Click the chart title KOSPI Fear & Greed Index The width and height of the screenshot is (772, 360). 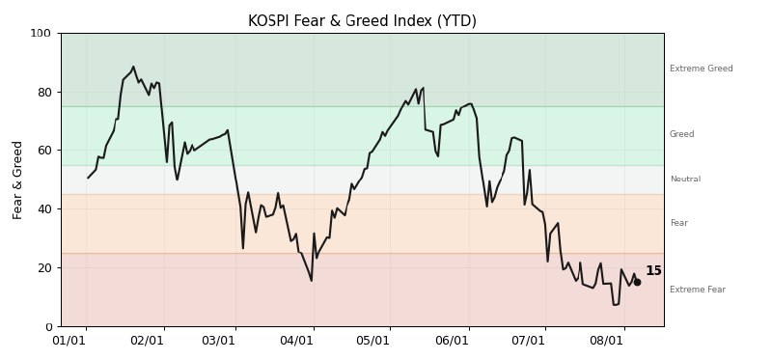click(x=362, y=20)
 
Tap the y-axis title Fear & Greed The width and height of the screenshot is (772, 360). click(x=17, y=180)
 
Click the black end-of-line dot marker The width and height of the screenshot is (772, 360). click(x=637, y=282)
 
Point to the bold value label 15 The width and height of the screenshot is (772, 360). click(x=653, y=271)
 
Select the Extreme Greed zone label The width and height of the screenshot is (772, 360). click(x=702, y=69)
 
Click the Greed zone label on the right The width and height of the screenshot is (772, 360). click(x=682, y=134)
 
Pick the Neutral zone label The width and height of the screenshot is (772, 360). click(x=685, y=179)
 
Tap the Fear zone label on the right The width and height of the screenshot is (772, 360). click(x=679, y=223)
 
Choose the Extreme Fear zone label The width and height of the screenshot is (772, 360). click(x=698, y=290)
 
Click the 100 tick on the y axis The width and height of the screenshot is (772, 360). click(x=41, y=34)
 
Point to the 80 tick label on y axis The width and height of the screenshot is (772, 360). click(x=43, y=92)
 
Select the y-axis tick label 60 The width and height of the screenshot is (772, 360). click(x=43, y=151)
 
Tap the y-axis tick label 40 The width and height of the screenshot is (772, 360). click(x=43, y=208)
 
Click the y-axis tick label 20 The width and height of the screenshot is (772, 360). click(x=43, y=267)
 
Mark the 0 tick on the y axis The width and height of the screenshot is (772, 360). click(x=47, y=326)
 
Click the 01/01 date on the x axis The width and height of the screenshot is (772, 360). click(x=69, y=341)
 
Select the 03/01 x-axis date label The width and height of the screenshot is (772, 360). click(x=219, y=341)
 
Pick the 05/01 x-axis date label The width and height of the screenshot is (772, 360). click(x=373, y=341)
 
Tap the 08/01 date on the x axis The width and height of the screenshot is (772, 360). click(x=608, y=341)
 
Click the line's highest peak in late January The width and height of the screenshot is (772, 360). click(x=133, y=67)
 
